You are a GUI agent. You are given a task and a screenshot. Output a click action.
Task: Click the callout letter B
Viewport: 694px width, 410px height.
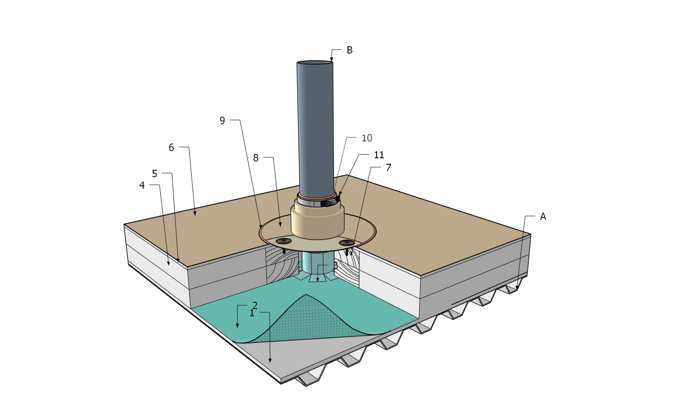(x=350, y=50)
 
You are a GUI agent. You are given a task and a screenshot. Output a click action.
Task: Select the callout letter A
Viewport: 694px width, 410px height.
(x=543, y=217)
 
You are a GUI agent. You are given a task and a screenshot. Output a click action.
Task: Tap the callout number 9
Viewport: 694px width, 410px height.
(x=223, y=121)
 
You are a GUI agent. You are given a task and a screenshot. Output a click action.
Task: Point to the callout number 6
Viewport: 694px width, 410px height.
(x=171, y=148)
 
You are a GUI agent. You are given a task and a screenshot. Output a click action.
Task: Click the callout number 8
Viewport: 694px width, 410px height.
(x=256, y=158)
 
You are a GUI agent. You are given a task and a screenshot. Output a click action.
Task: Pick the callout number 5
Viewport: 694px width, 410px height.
(x=155, y=174)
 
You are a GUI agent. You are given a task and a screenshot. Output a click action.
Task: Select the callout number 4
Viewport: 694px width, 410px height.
(x=142, y=185)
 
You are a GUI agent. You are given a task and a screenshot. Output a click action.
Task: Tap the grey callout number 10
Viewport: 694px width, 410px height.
(x=367, y=138)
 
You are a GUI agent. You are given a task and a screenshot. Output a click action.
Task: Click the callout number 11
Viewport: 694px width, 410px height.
(x=379, y=155)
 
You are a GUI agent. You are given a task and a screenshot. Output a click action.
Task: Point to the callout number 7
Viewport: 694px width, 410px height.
(x=389, y=168)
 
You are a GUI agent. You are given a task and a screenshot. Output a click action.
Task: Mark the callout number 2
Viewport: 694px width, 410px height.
(x=255, y=305)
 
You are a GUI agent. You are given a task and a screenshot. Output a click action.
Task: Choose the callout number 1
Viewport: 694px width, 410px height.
(x=252, y=313)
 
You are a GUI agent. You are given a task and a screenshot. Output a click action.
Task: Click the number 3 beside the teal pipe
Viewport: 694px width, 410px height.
(x=335, y=267)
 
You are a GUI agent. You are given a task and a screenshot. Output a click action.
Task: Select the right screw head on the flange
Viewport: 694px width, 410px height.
(x=346, y=242)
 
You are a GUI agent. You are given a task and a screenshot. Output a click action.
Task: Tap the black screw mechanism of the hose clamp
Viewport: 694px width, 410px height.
(x=329, y=203)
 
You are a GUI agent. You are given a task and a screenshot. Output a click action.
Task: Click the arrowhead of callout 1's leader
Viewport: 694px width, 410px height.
(x=270, y=361)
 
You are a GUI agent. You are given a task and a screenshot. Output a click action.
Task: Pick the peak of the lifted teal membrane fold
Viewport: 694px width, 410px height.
(x=306, y=295)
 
